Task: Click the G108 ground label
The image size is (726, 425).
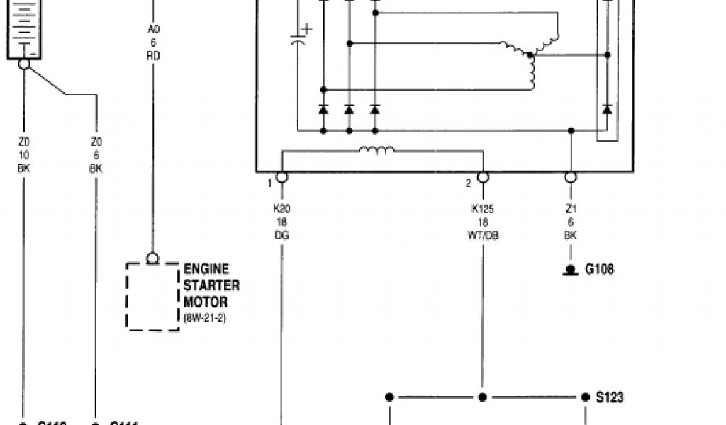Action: [599, 269]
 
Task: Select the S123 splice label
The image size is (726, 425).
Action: [610, 397]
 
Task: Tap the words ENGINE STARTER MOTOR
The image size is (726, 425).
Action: [211, 285]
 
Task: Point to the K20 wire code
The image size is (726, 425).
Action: [281, 209]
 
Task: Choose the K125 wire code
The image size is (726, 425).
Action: [482, 209]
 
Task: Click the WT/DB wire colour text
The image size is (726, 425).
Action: [482, 235]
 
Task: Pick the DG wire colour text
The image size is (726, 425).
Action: [281, 235]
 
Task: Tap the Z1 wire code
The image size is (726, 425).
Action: [570, 209]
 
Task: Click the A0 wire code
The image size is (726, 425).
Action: [153, 29]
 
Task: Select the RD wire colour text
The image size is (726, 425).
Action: [153, 55]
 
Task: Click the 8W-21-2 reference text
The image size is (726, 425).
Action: [205, 318]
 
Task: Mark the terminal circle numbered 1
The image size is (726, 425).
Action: [281, 176]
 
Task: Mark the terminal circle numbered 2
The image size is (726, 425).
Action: [483, 176]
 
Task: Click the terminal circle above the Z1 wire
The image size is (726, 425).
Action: [570, 176]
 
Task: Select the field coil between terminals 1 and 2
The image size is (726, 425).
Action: [376, 150]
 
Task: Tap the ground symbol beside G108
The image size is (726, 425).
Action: [570, 271]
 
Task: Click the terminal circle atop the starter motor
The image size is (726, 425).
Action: [152, 259]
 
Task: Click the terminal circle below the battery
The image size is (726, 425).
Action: [24, 64]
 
